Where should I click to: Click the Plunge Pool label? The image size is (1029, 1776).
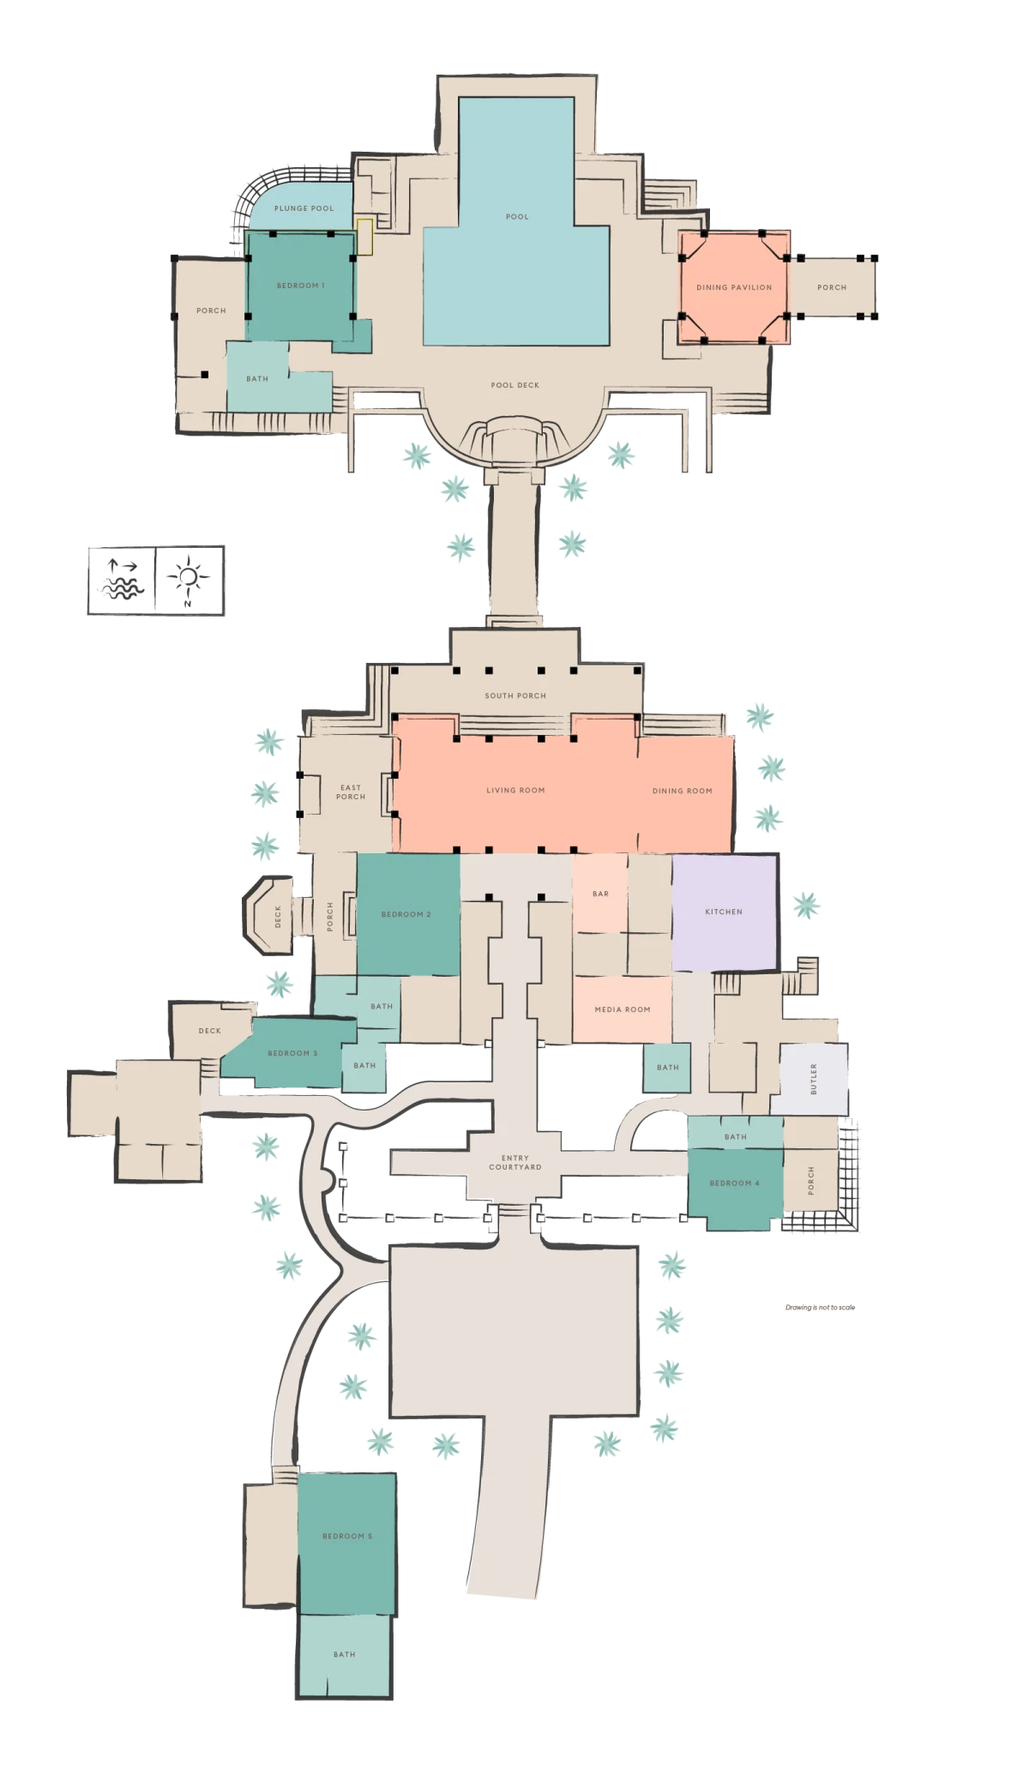(304, 208)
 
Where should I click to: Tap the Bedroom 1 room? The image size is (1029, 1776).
(301, 286)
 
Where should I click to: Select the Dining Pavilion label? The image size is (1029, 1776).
(734, 287)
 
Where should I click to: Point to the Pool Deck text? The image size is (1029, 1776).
(515, 385)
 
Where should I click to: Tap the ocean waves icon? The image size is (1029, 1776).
(122, 581)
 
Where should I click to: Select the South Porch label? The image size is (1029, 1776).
(515, 695)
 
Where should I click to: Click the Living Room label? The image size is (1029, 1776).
(515, 791)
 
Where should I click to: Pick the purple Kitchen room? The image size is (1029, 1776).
(725, 912)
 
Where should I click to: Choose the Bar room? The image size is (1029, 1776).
(600, 894)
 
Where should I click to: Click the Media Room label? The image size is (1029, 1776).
(623, 1009)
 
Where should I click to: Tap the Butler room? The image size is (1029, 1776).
(814, 1079)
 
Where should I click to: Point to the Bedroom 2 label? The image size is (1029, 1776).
(406, 914)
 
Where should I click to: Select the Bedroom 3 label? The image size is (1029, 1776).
(292, 1053)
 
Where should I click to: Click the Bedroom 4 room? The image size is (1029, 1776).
(735, 1189)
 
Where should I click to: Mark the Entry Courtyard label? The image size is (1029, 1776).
(515, 1162)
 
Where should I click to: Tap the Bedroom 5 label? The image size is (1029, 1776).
(347, 1536)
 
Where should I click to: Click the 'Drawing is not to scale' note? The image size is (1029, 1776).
(820, 1307)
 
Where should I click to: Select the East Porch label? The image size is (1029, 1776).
(351, 792)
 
